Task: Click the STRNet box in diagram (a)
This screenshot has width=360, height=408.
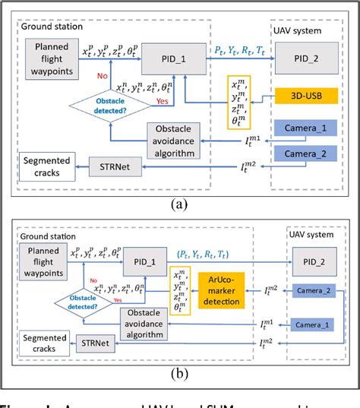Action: [113, 165]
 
